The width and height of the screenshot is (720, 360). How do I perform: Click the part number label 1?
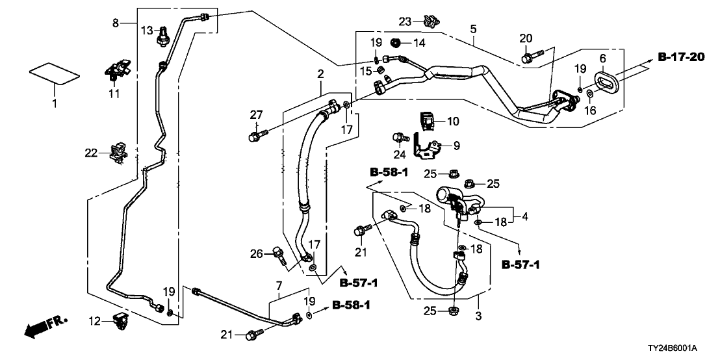[55, 103]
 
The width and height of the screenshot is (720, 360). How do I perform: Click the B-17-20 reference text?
[680, 58]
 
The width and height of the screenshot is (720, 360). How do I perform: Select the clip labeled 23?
[429, 21]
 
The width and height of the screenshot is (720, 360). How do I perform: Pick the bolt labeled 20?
[527, 57]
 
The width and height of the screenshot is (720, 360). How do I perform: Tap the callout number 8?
[116, 23]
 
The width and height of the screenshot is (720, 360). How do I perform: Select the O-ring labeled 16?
[589, 95]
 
